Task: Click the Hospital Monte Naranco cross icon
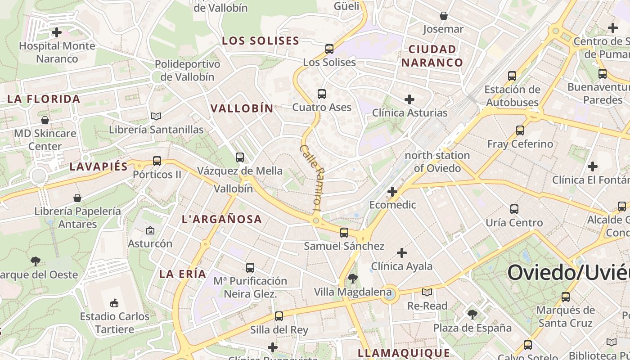point(57,32)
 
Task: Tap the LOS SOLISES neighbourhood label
point(261,40)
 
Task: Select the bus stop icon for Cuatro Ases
point(321,94)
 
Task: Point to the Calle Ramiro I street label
point(311,178)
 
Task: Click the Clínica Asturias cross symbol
point(409,99)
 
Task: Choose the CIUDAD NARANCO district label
point(432,56)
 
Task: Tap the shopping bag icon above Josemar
point(444,16)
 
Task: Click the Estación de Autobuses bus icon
point(512,76)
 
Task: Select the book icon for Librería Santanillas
point(156,117)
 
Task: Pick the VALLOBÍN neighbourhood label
point(242,108)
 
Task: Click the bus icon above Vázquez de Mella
point(240,157)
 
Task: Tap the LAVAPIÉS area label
point(99,166)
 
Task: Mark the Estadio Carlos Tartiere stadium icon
point(114,303)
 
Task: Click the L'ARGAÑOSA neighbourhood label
point(222,219)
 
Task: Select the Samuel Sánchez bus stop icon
point(344,233)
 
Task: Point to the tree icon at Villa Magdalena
point(353,279)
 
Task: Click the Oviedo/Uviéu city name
point(568,273)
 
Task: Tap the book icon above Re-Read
point(427,292)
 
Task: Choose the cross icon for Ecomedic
point(392,192)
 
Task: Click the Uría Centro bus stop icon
point(514,209)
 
